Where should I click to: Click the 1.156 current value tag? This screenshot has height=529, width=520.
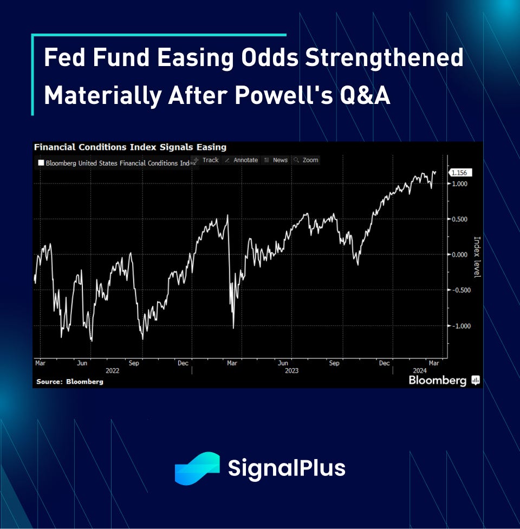460,173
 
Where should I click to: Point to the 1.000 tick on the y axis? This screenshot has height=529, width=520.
459,184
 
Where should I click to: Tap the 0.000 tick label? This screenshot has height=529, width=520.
459,254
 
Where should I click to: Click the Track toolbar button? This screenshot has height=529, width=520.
206,160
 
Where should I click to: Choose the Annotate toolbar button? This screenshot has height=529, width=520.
242,160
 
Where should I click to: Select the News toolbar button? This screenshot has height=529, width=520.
276,160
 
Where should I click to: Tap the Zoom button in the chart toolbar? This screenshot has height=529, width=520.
306,160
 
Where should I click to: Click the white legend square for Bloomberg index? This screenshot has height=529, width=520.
41,163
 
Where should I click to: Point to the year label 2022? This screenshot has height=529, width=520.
112,371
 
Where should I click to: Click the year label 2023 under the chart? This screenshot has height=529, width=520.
291,371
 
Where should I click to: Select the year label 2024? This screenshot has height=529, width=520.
420,371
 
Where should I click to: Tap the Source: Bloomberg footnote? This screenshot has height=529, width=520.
70,382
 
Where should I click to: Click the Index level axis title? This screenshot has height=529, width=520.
477,257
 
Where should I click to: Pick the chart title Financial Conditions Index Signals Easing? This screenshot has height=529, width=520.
130,147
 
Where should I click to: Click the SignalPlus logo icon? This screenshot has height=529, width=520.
197,468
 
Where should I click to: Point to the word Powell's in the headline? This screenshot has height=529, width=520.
284,95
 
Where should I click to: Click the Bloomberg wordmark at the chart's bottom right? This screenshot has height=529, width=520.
438,381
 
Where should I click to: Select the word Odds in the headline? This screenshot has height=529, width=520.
270,57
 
